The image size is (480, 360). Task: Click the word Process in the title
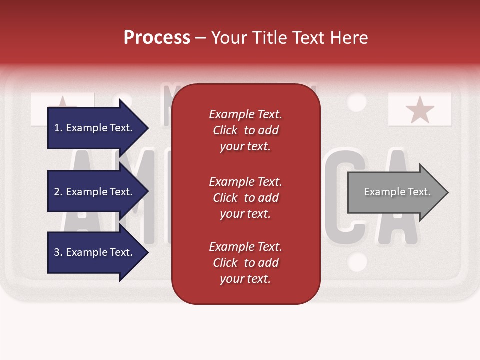(157, 38)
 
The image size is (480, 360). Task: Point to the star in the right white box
(420, 110)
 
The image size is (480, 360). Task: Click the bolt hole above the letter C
(356, 101)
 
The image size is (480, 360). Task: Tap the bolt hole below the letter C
(356, 262)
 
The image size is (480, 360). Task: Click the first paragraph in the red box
(245, 130)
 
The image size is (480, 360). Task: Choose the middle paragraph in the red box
(245, 198)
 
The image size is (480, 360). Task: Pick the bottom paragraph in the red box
(245, 263)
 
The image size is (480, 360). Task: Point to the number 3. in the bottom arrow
(58, 252)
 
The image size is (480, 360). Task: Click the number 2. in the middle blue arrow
(58, 192)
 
